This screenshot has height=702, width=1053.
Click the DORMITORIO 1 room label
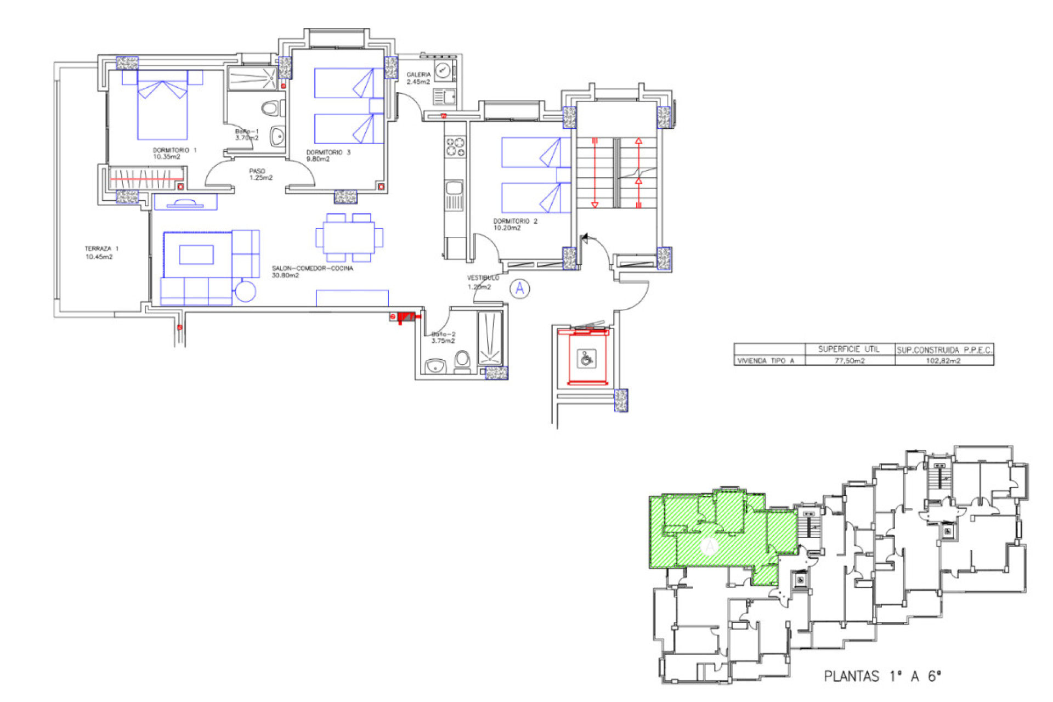click(174, 153)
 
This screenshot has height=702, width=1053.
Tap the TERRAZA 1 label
click(101, 253)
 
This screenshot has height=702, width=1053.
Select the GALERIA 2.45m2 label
click(418, 78)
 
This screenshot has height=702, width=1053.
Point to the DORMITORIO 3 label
click(327, 155)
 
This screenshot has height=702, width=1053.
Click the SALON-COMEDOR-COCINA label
click(312, 271)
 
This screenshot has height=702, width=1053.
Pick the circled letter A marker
click(519, 288)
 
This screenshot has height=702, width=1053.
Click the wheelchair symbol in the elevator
click(586, 360)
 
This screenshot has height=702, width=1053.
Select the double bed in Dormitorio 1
click(162, 110)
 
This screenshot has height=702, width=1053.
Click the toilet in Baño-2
click(462, 361)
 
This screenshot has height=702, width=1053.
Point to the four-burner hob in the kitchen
click(455, 147)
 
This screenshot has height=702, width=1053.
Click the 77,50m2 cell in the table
click(849, 361)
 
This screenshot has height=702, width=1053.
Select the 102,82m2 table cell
click(943, 361)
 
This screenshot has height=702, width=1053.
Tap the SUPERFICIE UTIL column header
click(848, 349)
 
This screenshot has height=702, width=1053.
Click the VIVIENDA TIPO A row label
click(766, 361)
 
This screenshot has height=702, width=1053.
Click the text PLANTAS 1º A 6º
click(882, 676)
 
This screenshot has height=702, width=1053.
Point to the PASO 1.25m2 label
click(261, 174)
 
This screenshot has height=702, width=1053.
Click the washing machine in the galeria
click(443, 70)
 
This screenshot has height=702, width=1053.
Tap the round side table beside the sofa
click(245, 291)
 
